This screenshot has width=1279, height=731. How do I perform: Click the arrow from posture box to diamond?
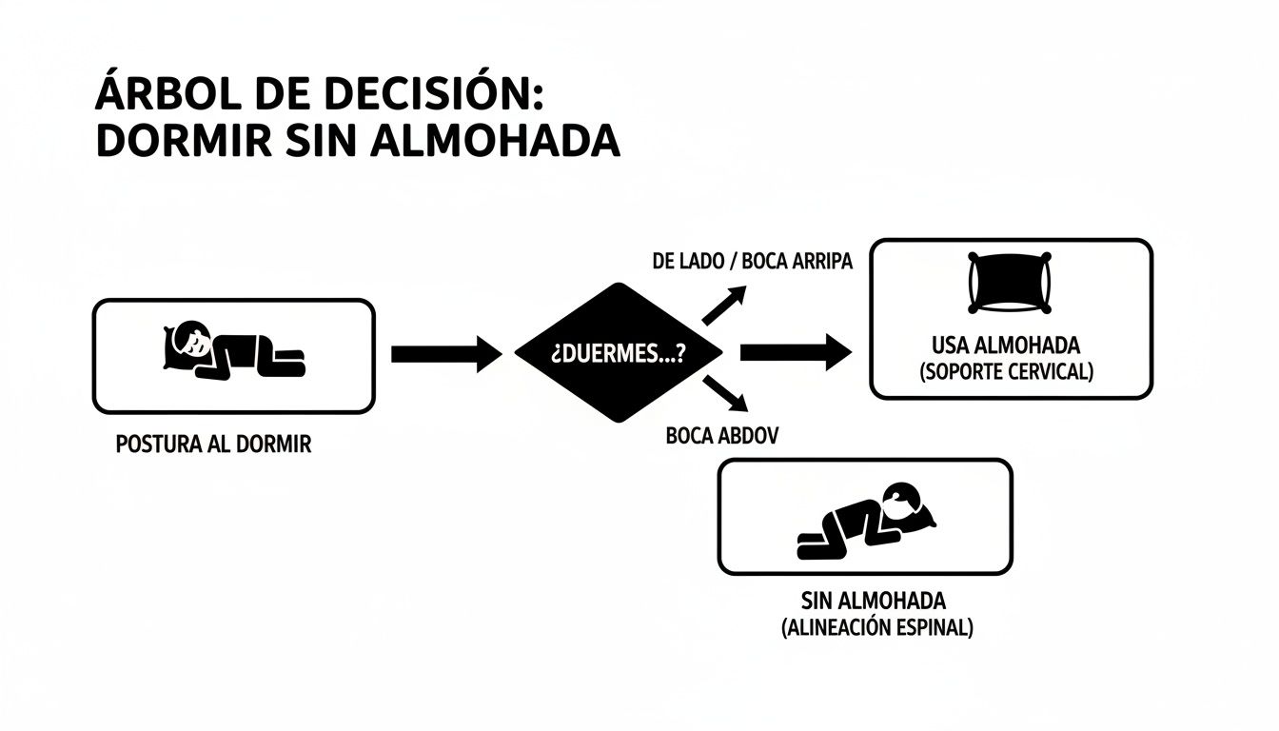(445, 354)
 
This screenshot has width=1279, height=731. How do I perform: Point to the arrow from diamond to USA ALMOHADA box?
(795, 353)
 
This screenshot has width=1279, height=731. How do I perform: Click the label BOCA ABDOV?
(722, 437)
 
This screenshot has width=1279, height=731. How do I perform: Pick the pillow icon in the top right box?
(1010, 283)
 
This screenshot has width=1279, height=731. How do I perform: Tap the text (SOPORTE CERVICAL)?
(1007, 372)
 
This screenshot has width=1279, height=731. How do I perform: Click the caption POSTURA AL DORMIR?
(212, 445)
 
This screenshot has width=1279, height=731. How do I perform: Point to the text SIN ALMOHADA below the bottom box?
(873, 601)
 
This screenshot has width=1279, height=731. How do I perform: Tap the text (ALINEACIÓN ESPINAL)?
(876, 628)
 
